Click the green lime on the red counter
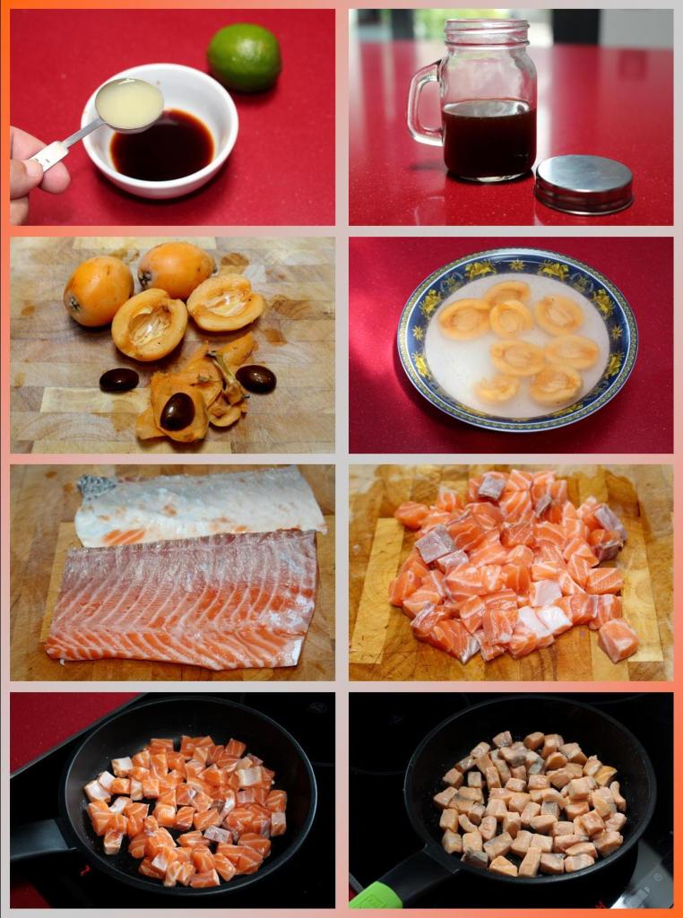[x=244, y=57]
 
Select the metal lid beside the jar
[x=584, y=184]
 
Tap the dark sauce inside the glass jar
[x=488, y=139]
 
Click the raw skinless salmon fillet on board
[x=184, y=596]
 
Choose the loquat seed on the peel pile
[x=177, y=411]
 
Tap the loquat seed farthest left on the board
[x=118, y=380]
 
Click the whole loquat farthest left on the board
[x=98, y=290]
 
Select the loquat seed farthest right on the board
[x=256, y=378]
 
